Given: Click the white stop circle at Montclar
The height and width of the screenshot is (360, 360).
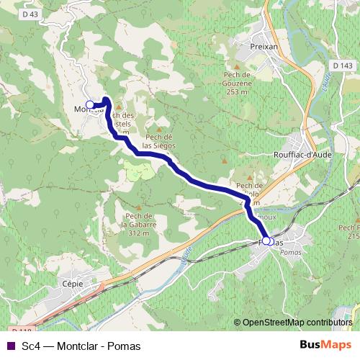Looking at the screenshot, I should [x=90, y=106].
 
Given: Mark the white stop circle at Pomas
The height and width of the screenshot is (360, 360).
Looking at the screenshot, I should [x=266, y=241].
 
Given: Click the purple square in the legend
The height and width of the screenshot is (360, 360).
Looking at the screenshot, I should [x=9, y=346].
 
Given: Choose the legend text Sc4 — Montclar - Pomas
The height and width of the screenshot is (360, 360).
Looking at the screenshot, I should [x=81, y=346].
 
